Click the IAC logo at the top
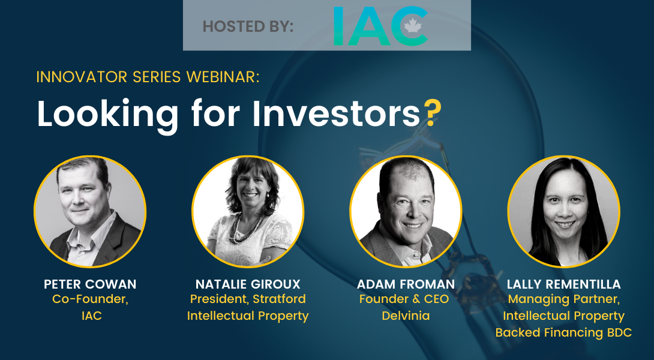pyautogui.click(x=381, y=26)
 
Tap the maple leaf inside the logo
pyautogui.click(x=413, y=26)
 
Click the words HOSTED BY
pyautogui.click(x=248, y=26)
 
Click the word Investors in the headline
pyautogui.click(x=337, y=114)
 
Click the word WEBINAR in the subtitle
pyautogui.click(x=223, y=77)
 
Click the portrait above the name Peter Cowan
pyautogui.click(x=90, y=211)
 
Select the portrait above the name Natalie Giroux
pyautogui.click(x=248, y=211)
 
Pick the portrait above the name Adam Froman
pyautogui.click(x=406, y=211)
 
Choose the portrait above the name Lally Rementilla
pyautogui.click(x=563, y=211)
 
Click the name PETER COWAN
pyautogui.click(x=90, y=284)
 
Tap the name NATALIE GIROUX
pyautogui.click(x=248, y=284)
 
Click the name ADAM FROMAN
pyautogui.click(x=406, y=284)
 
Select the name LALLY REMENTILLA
pyautogui.click(x=563, y=284)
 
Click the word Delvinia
pyautogui.click(x=406, y=316)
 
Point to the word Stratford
pyautogui.click(x=280, y=299)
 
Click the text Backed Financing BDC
pyautogui.click(x=563, y=332)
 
